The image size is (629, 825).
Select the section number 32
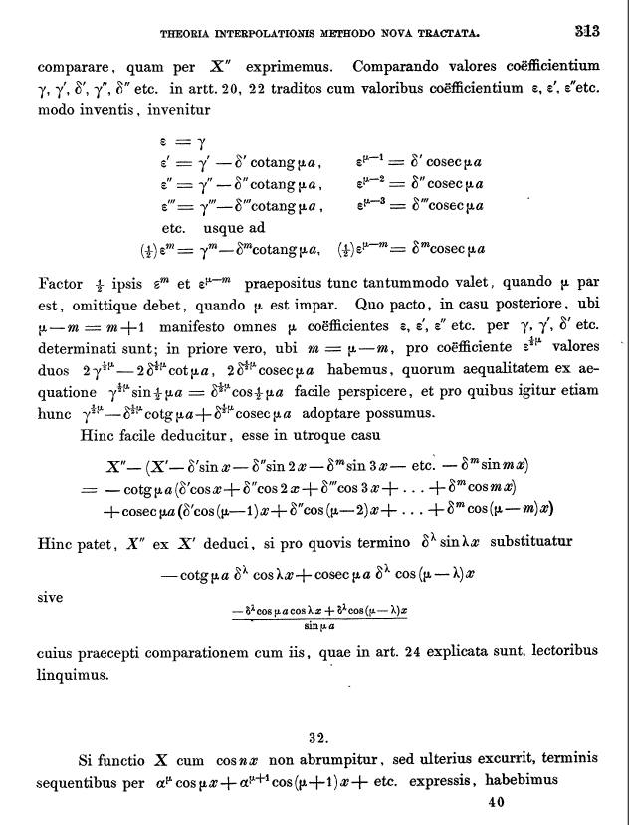[318, 737]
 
